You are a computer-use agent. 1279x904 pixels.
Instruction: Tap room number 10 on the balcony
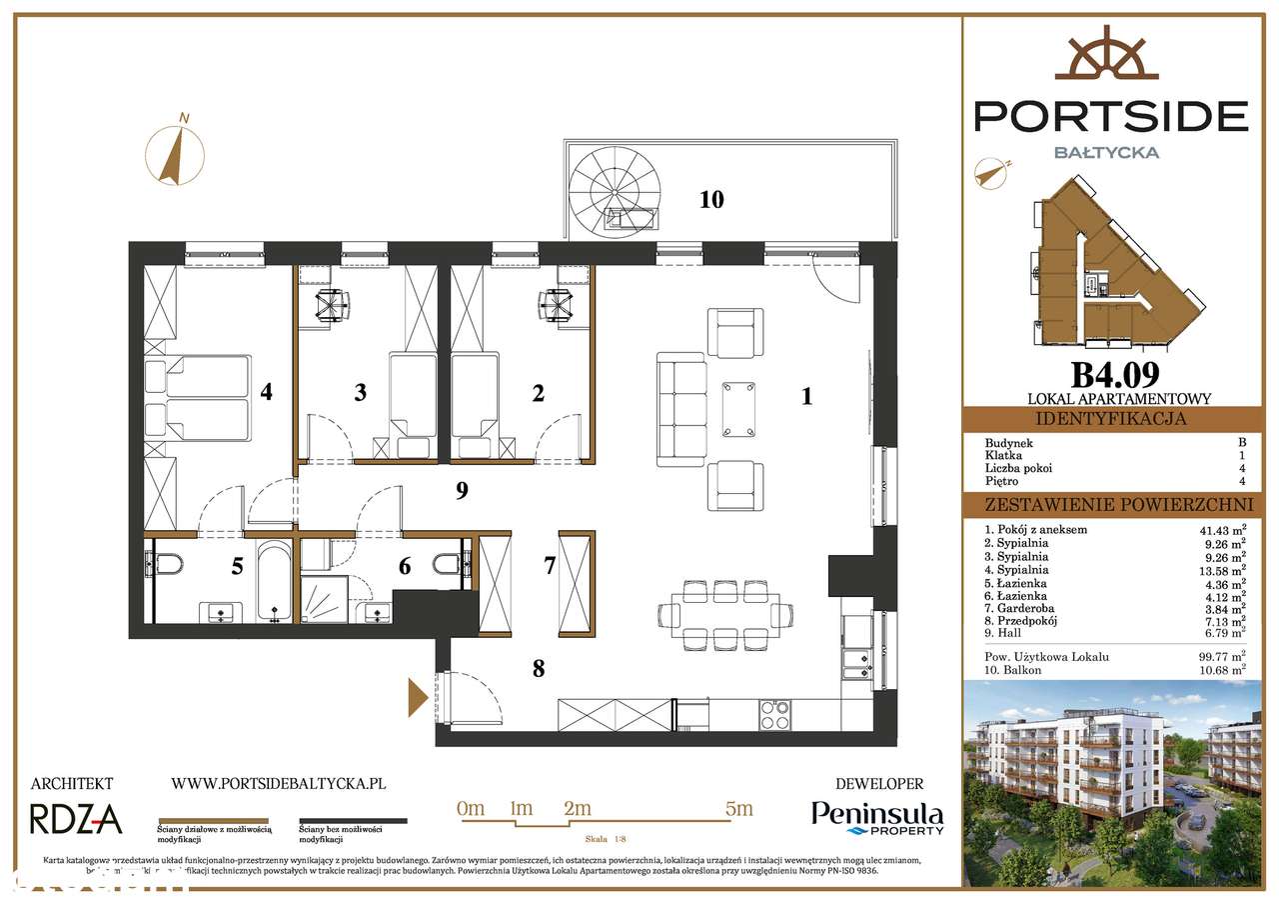click(710, 199)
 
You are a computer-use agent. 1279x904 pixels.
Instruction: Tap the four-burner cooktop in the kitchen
click(774, 716)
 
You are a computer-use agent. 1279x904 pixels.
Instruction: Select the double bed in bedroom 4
click(205, 398)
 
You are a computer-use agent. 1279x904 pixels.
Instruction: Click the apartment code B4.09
click(1115, 374)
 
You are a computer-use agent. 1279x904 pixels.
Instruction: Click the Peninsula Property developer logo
click(876, 818)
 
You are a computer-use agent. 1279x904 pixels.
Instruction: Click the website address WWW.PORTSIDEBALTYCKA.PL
click(279, 785)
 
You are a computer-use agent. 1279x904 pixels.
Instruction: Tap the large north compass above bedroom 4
click(177, 149)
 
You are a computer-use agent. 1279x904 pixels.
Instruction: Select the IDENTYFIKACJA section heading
click(1110, 419)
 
